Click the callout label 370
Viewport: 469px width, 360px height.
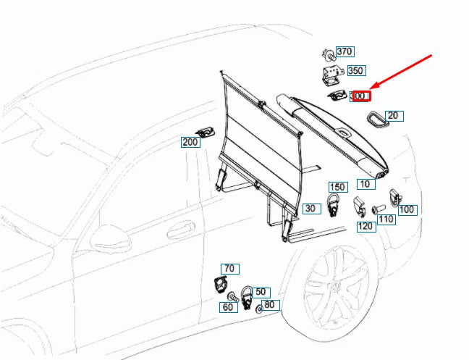click(x=345, y=51)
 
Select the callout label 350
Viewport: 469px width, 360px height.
click(x=355, y=71)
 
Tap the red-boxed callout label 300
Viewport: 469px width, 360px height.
click(x=360, y=96)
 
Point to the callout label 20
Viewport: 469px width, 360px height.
click(x=392, y=115)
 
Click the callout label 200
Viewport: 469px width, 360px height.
click(x=190, y=143)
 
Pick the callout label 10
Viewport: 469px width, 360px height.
click(x=366, y=184)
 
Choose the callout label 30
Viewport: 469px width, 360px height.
click(x=311, y=209)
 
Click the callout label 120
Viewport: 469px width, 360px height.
click(x=366, y=226)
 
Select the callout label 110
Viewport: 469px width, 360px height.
click(x=386, y=219)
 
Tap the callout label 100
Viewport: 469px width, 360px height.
click(x=407, y=209)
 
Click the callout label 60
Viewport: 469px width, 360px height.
click(x=229, y=307)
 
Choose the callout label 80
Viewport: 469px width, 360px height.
click(x=269, y=305)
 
